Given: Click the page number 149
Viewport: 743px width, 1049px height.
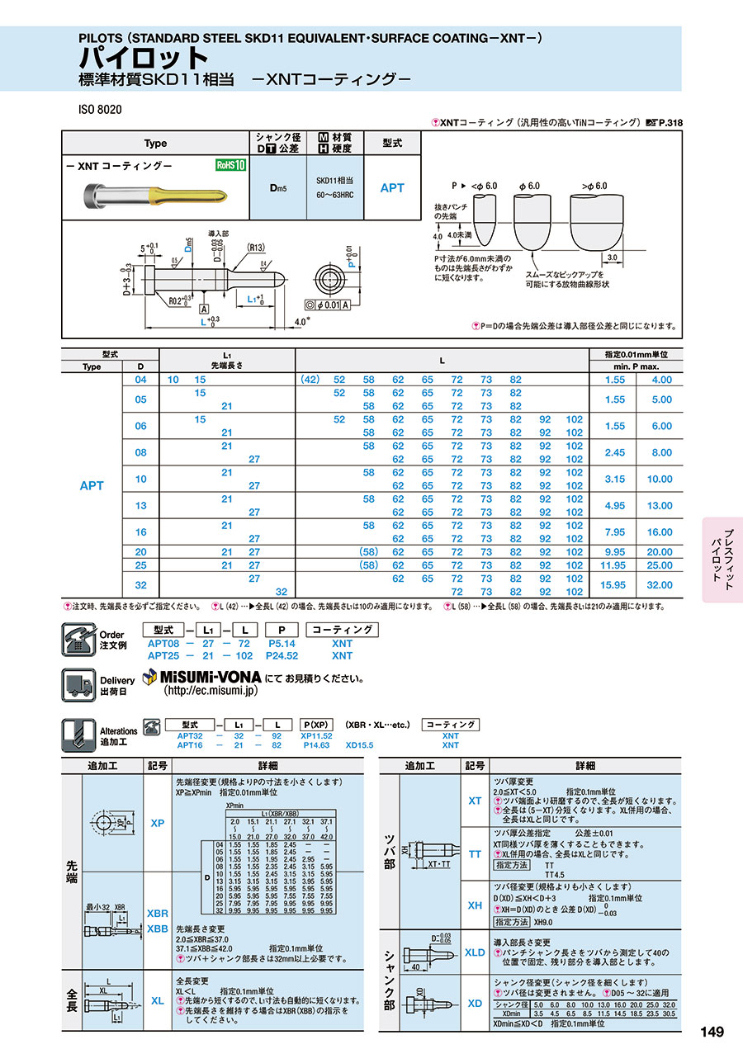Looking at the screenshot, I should (712, 1032).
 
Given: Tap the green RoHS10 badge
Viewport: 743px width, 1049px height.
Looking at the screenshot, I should (231, 164).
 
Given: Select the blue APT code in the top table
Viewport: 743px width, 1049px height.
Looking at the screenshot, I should (392, 188).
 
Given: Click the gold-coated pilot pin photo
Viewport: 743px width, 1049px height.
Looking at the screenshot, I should (156, 197).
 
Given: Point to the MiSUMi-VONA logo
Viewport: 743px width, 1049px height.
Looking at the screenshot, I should (201, 678).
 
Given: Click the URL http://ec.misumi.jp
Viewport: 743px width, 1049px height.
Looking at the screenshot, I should (211, 692).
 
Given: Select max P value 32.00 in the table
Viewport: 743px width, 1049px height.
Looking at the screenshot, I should (659, 585).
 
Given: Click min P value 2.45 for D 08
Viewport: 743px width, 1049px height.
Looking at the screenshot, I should (614, 452).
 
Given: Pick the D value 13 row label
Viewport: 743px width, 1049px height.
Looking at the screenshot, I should (140, 505).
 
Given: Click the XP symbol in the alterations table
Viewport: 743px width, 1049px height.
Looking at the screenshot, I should (158, 824).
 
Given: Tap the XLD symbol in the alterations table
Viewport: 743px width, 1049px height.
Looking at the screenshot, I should (475, 952).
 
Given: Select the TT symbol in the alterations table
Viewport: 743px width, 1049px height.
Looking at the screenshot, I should (475, 854).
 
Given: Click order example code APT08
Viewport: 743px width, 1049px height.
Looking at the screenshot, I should (163, 643).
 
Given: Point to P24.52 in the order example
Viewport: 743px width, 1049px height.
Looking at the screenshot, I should (282, 656).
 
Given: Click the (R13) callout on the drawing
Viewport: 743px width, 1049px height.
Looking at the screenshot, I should (254, 247).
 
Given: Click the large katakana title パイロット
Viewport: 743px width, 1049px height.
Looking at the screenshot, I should (144, 58).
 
